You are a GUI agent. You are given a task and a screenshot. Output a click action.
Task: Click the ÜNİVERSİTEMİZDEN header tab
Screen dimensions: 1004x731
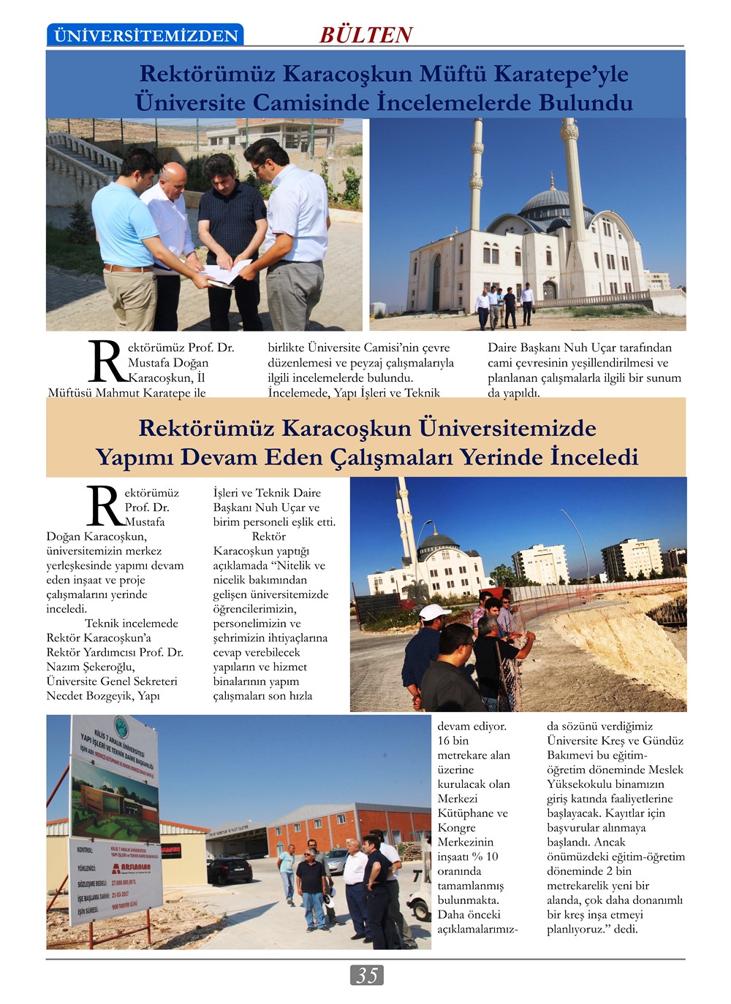tap(145, 35)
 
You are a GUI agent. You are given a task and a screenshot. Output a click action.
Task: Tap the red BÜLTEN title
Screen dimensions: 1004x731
tap(365, 34)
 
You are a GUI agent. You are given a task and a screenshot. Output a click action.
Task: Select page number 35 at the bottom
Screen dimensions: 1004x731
tap(366, 975)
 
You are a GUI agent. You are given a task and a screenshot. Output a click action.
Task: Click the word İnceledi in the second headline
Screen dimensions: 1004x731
tap(594, 457)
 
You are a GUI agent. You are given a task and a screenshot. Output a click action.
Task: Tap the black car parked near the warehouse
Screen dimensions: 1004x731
tap(230, 870)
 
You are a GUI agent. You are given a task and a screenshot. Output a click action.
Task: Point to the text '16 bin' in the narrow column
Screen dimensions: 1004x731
tap(453, 740)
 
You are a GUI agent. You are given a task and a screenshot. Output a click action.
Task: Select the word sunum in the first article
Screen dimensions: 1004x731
tap(660, 378)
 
